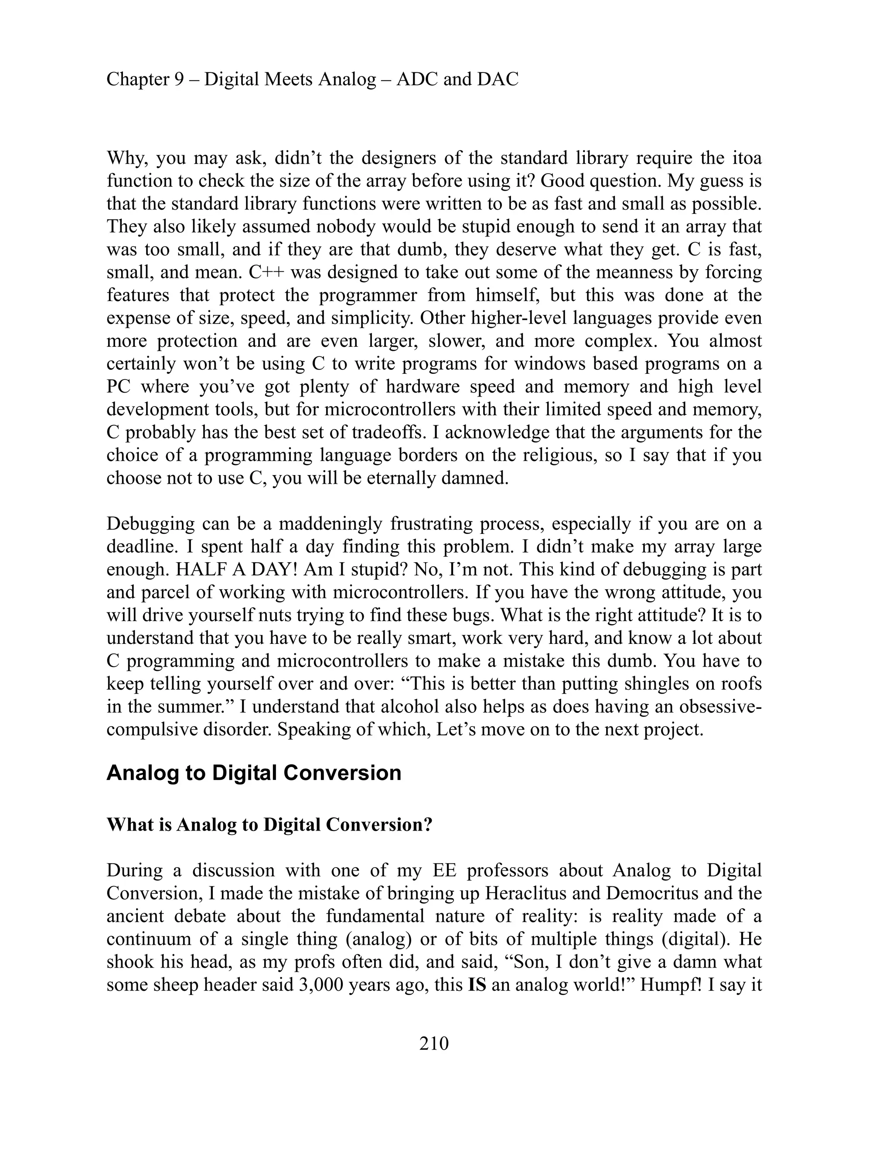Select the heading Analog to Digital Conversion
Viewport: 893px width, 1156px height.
point(254,773)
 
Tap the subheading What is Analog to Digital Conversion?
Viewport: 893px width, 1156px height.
point(269,824)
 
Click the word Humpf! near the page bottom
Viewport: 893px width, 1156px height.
point(672,985)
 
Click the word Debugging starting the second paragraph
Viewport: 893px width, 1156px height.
point(149,524)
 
